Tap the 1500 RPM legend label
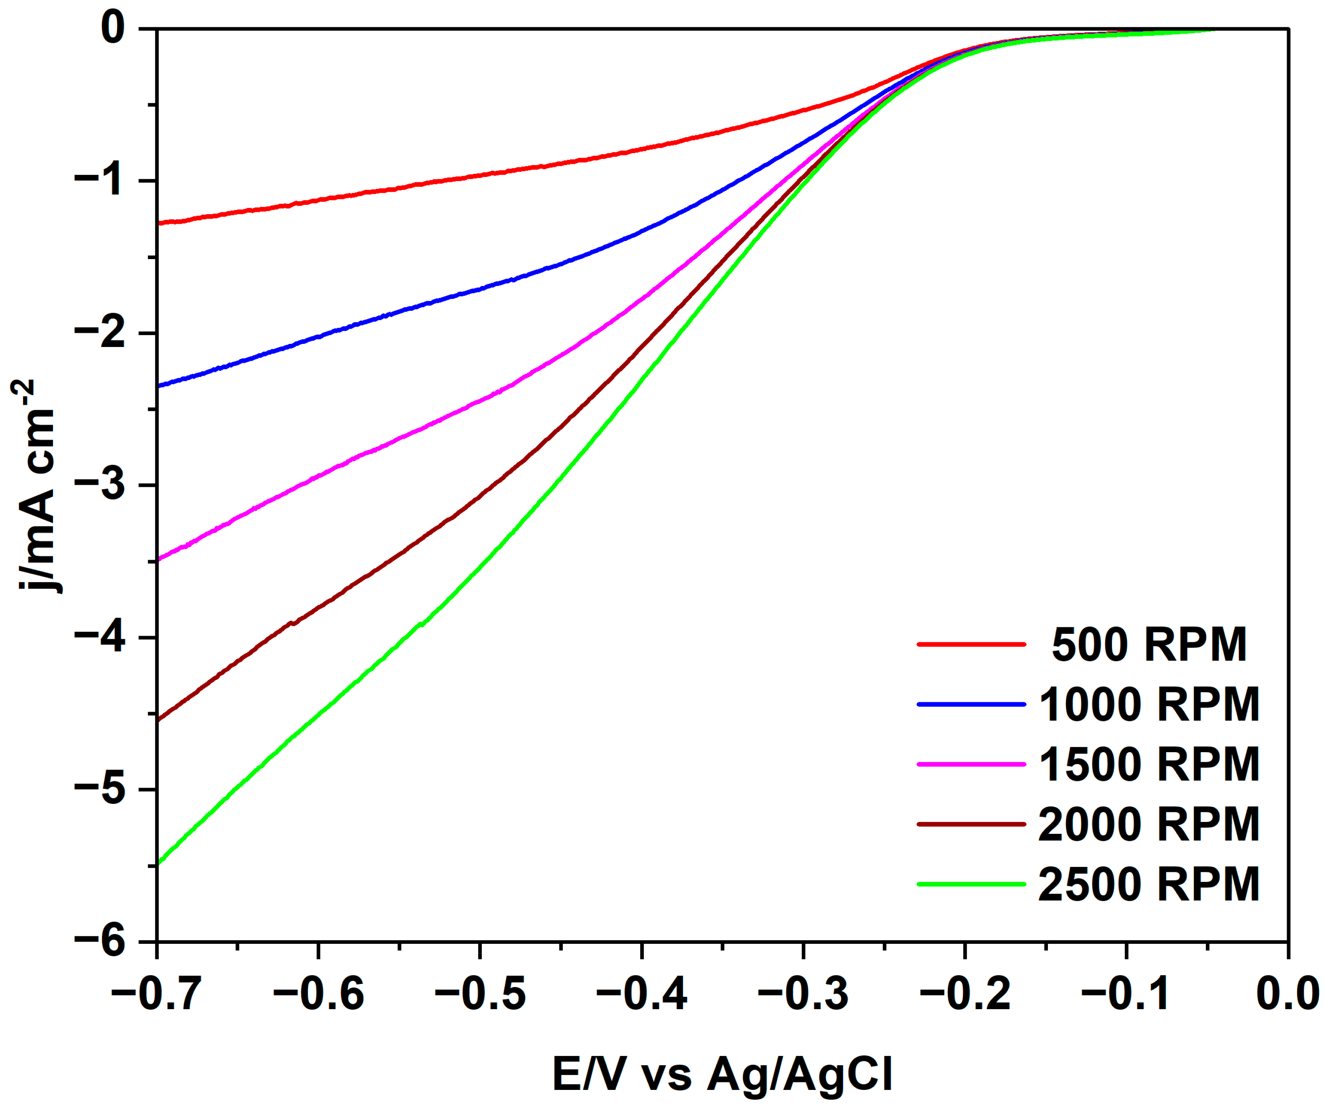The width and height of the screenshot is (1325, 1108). pos(1149,765)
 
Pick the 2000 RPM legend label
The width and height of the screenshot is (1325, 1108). pos(1149,825)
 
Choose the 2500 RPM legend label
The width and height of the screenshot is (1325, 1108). pos(1149,884)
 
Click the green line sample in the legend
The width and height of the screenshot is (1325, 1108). pos(972,884)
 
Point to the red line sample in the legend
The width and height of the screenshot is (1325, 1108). pos(972,644)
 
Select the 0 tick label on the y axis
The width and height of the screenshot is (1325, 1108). pos(113,28)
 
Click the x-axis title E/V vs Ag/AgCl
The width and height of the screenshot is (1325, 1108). pos(722,1074)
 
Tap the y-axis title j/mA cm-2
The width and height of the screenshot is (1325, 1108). pos(35,486)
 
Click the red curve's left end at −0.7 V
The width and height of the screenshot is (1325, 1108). pos(159,223)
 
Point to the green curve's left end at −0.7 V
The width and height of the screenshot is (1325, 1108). pos(159,863)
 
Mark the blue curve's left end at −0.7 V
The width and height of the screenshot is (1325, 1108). pos(159,385)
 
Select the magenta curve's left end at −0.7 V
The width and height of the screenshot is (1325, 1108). pos(159,559)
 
